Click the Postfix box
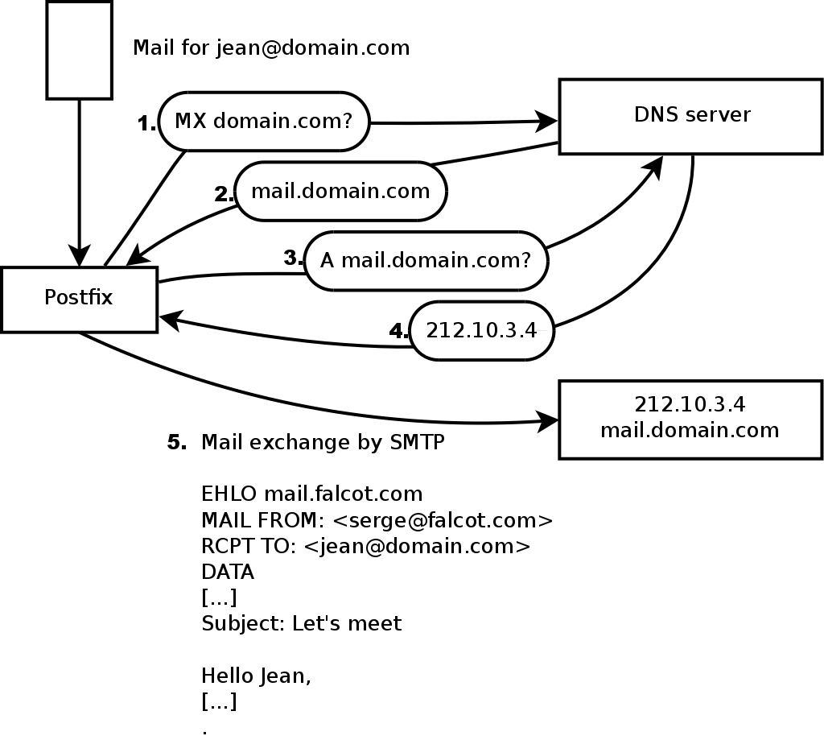[79, 299]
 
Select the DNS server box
[691, 116]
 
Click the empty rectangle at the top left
[79, 49]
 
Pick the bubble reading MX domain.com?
[263, 122]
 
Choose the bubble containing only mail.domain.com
[340, 192]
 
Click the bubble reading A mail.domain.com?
[426, 261]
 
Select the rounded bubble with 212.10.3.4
[481, 331]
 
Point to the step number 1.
[146, 124]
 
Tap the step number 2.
[224, 194]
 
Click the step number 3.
[294, 258]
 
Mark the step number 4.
[399, 331]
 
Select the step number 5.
[177, 443]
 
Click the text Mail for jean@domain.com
[271, 48]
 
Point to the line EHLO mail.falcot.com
[311, 493]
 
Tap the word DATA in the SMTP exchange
[228, 572]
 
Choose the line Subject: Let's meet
[301, 623]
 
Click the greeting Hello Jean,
[256, 675]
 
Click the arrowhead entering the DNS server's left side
[550, 122]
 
